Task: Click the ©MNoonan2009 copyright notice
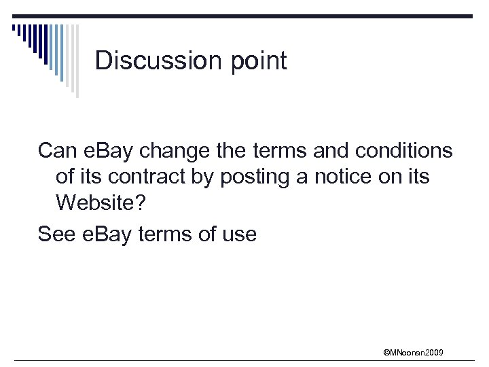(x=413, y=352)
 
